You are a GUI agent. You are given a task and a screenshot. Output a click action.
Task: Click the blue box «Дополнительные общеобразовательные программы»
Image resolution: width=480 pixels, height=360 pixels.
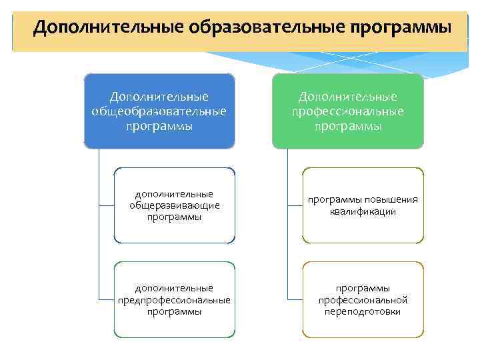[x=159, y=111]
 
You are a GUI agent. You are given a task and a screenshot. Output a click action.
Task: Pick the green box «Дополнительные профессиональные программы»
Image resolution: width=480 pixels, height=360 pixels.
[x=347, y=111]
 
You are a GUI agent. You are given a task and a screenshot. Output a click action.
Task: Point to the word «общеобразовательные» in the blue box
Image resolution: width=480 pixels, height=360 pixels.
[x=159, y=111]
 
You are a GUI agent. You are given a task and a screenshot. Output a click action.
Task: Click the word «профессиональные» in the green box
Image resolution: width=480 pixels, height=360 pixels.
[x=347, y=111]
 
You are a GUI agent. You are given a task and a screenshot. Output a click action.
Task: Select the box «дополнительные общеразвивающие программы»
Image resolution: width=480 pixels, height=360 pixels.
[x=174, y=205]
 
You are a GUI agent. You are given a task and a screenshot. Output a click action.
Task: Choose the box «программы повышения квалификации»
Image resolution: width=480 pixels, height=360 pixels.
[x=363, y=205]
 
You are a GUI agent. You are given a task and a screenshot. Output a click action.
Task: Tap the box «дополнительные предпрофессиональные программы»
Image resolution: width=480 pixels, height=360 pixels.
[x=174, y=299]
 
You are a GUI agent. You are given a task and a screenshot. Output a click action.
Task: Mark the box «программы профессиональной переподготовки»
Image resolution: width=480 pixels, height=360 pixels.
[x=363, y=299]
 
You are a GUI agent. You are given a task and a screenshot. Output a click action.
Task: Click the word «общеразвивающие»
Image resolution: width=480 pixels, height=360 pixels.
[x=174, y=205]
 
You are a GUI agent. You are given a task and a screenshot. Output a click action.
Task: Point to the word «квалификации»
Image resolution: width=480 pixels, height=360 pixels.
[x=363, y=212]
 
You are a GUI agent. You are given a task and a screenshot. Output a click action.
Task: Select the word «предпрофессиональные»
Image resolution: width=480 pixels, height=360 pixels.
[x=174, y=300]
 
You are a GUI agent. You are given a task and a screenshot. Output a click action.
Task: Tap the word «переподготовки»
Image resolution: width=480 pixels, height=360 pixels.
[x=363, y=311]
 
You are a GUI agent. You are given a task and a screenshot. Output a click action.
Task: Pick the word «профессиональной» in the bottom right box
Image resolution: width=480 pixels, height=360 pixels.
[x=363, y=300]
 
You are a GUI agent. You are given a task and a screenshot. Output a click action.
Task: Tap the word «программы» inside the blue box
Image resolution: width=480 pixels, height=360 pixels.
[x=159, y=125]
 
